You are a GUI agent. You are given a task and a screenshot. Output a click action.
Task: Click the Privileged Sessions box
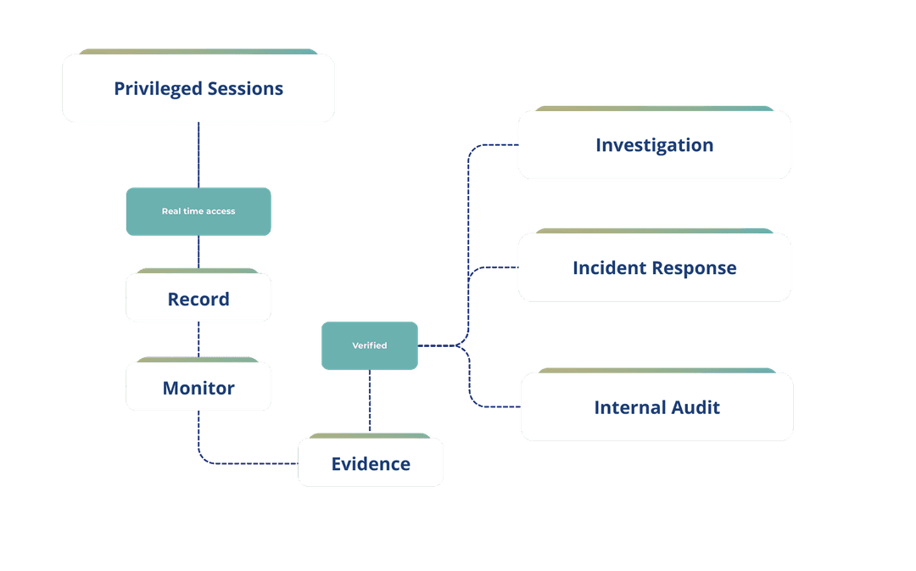click(x=198, y=88)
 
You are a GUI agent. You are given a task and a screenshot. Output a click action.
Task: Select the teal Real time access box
click(x=198, y=211)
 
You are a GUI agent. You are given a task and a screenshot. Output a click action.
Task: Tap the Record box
click(x=198, y=299)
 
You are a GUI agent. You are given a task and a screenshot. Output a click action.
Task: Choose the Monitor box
click(x=198, y=388)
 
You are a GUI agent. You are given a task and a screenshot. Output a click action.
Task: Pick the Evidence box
click(x=370, y=463)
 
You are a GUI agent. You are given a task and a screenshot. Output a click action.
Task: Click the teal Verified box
click(x=369, y=345)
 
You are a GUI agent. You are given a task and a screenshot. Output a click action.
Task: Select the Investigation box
click(x=654, y=145)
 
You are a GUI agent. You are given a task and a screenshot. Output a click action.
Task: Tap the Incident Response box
click(x=654, y=268)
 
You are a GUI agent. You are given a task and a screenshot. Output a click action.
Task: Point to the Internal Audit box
click(x=656, y=407)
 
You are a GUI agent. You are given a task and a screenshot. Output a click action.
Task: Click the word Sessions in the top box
click(x=245, y=88)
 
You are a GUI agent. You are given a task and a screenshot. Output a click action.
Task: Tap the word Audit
click(x=694, y=407)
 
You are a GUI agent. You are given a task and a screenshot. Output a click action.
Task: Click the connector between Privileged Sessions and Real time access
click(x=198, y=154)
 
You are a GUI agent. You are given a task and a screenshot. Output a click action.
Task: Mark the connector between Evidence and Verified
click(x=369, y=403)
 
